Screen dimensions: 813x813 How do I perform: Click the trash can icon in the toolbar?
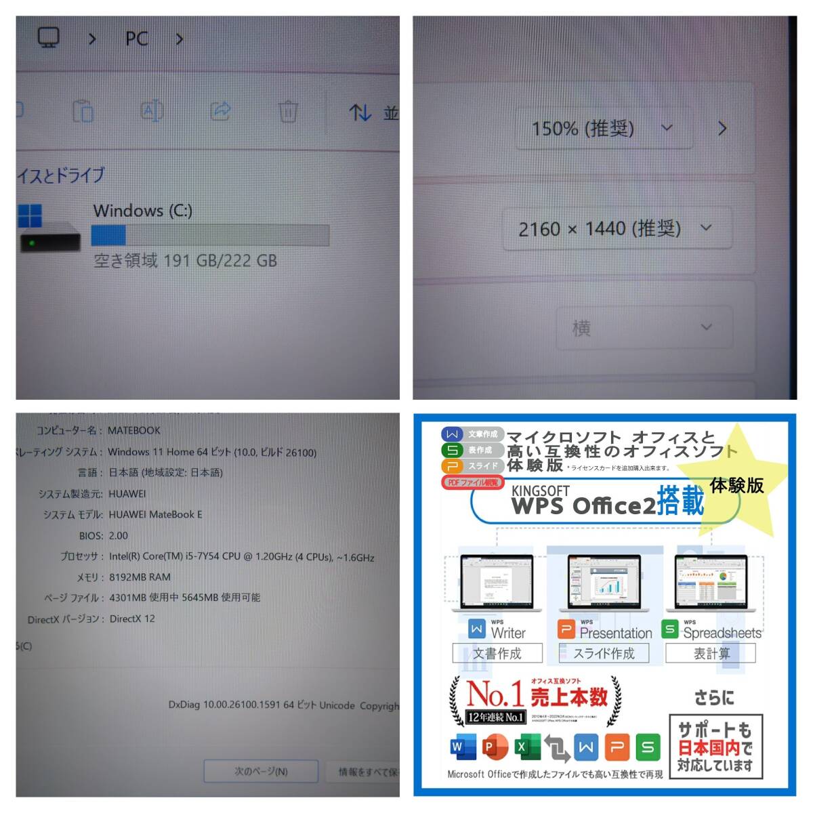click(x=288, y=110)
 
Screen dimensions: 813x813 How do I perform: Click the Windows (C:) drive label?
click(x=143, y=211)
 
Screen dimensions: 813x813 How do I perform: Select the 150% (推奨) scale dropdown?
click(x=603, y=128)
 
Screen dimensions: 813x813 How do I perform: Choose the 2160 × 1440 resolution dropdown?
click(x=615, y=229)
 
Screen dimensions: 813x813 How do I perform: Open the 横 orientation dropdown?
click(x=644, y=328)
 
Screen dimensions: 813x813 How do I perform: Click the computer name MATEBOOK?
click(x=134, y=430)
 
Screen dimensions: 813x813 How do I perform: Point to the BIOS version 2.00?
click(x=118, y=535)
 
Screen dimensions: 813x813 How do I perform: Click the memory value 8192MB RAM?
click(x=140, y=577)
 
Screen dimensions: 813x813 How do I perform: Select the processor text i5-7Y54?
click(x=204, y=556)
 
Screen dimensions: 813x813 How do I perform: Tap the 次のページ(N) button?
click(x=261, y=771)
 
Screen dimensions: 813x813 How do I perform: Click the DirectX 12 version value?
click(x=131, y=619)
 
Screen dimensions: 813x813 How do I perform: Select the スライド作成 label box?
click(x=604, y=653)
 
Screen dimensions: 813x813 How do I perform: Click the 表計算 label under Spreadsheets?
click(x=711, y=653)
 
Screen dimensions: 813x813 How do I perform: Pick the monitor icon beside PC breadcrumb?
click(x=48, y=38)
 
